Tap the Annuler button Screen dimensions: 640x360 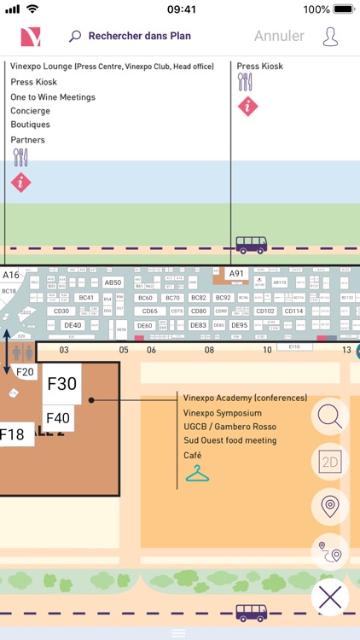279,36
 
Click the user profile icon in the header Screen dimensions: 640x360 330,37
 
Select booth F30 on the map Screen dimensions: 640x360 61,383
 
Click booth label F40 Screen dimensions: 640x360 57,417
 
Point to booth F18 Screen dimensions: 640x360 11,434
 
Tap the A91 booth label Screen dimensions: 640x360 236,274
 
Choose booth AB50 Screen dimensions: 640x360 113,282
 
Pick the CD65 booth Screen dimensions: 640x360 149,311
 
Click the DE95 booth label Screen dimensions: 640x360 239,325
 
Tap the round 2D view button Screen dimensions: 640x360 329,462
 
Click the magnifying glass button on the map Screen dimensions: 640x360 329,417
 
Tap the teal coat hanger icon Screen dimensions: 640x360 197,472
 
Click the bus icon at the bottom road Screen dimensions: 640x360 251,613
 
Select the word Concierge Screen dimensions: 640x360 30,111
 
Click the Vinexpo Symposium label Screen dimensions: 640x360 222,412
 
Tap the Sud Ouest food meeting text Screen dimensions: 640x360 229,440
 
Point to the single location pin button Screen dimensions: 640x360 329,506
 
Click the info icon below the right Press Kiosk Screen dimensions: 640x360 247,106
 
